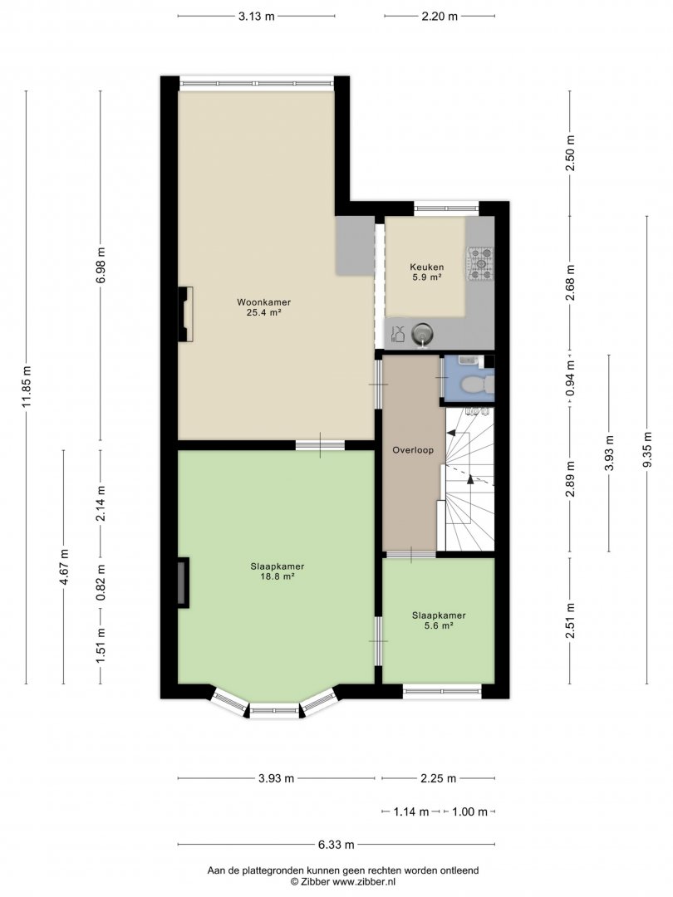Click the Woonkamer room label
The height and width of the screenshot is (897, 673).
pyautogui.click(x=264, y=302)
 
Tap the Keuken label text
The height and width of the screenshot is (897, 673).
pyautogui.click(x=426, y=267)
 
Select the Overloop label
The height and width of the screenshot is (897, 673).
pyautogui.click(x=413, y=450)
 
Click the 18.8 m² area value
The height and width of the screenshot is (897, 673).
pyautogui.click(x=277, y=576)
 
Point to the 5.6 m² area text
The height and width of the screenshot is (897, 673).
pyautogui.click(x=439, y=626)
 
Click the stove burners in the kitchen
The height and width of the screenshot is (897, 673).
pyautogui.click(x=481, y=264)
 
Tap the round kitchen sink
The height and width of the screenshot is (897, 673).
pyautogui.click(x=422, y=333)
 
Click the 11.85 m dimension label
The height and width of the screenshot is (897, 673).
pyautogui.click(x=26, y=387)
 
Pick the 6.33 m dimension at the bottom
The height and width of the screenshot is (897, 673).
pyautogui.click(x=336, y=844)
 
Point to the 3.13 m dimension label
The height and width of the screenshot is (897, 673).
pyautogui.click(x=257, y=16)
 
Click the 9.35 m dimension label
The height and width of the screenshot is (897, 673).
pyautogui.click(x=647, y=448)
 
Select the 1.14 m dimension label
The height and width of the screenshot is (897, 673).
pyautogui.click(x=411, y=811)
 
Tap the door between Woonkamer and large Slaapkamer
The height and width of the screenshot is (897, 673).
pyautogui.click(x=320, y=444)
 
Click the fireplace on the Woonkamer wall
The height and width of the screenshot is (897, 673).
pyautogui.click(x=185, y=314)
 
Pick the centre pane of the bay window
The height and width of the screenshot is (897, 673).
pyautogui.click(x=275, y=711)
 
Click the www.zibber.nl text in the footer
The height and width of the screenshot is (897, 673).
pyautogui.click(x=364, y=881)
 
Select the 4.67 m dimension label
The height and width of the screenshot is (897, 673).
pyautogui.click(x=63, y=566)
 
